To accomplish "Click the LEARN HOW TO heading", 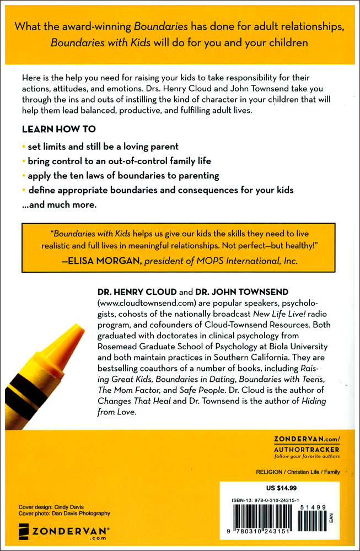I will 58,129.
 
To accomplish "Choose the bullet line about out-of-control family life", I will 119,161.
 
